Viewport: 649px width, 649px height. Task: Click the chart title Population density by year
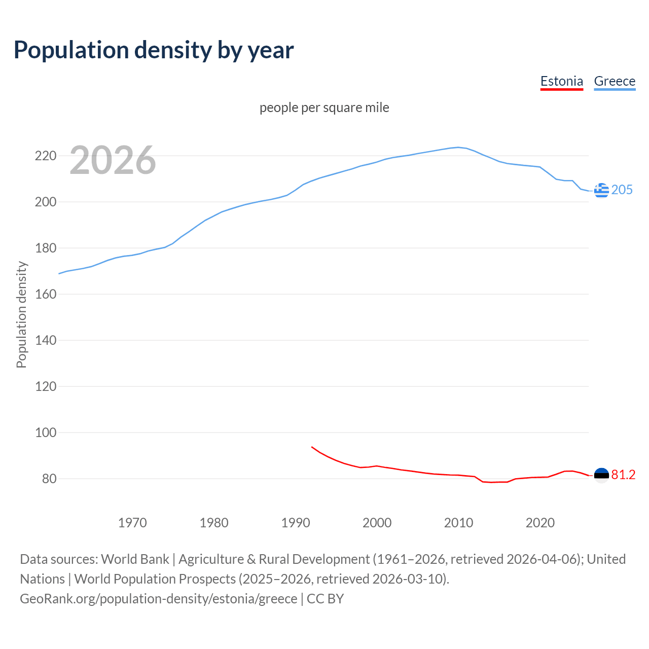pyautogui.click(x=154, y=50)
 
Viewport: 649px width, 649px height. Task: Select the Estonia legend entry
pyautogui.click(x=561, y=81)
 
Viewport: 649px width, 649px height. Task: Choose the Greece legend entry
pyautogui.click(x=615, y=81)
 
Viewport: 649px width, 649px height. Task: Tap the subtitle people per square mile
pyautogui.click(x=324, y=107)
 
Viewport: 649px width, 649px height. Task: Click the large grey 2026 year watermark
pyautogui.click(x=113, y=160)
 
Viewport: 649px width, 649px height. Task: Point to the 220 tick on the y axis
pyautogui.click(x=45, y=156)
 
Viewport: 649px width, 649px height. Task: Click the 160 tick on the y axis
pyautogui.click(x=45, y=294)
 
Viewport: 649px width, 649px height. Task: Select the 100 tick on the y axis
pyautogui.click(x=45, y=432)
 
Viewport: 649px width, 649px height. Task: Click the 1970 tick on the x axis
pyautogui.click(x=132, y=523)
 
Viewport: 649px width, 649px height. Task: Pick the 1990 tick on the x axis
pyautogui.click(x=296, y=523)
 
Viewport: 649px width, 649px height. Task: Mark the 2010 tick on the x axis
pyautogui.click(x=458, y=523)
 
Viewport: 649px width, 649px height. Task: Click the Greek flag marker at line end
pyautogui.click(x=601, y=190)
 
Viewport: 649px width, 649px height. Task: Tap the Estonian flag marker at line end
pyautogui.click(x=601, y=475)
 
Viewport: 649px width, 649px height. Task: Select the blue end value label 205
pyautogui.click(x=622, y=190)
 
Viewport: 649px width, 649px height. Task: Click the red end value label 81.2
pyautogui.click(x=623, y=475)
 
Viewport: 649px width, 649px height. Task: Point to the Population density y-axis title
pyautogui.click(x=21, y=314)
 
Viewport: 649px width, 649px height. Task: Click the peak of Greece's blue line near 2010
pyautogui.click(x=458, y=148)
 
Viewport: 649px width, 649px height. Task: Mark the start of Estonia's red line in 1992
pyautogui.click(x=312, y=447)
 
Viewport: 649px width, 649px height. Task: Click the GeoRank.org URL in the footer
pyautogui.click(x=158, y=599)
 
